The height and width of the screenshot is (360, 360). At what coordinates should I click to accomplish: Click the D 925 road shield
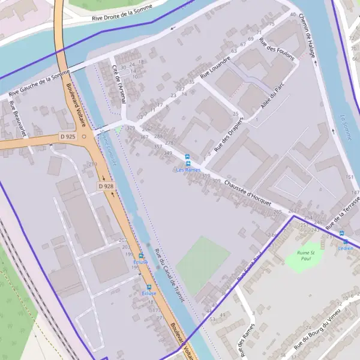click(x=68, y=137)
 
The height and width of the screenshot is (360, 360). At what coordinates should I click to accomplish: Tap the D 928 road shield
click(x=106, y=187)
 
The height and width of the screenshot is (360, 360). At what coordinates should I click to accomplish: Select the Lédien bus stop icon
click(x=343, y=234)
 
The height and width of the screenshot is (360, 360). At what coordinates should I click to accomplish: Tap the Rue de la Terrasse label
click(x=343, y=214)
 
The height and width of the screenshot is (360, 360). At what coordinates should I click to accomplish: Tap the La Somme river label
click(x=346, y=127)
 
